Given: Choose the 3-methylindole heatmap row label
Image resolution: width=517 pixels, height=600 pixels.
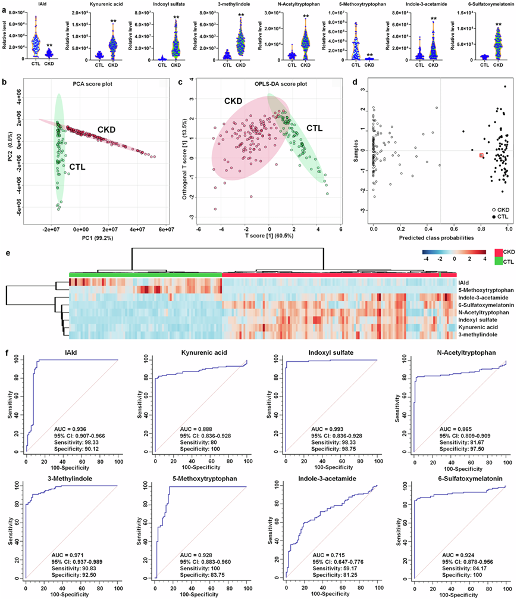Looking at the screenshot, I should tap(477, 335).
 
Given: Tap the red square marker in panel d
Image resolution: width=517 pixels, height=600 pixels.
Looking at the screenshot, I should tap(482, 155).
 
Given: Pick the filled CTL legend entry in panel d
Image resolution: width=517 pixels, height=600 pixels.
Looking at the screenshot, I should tap(494, 218).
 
